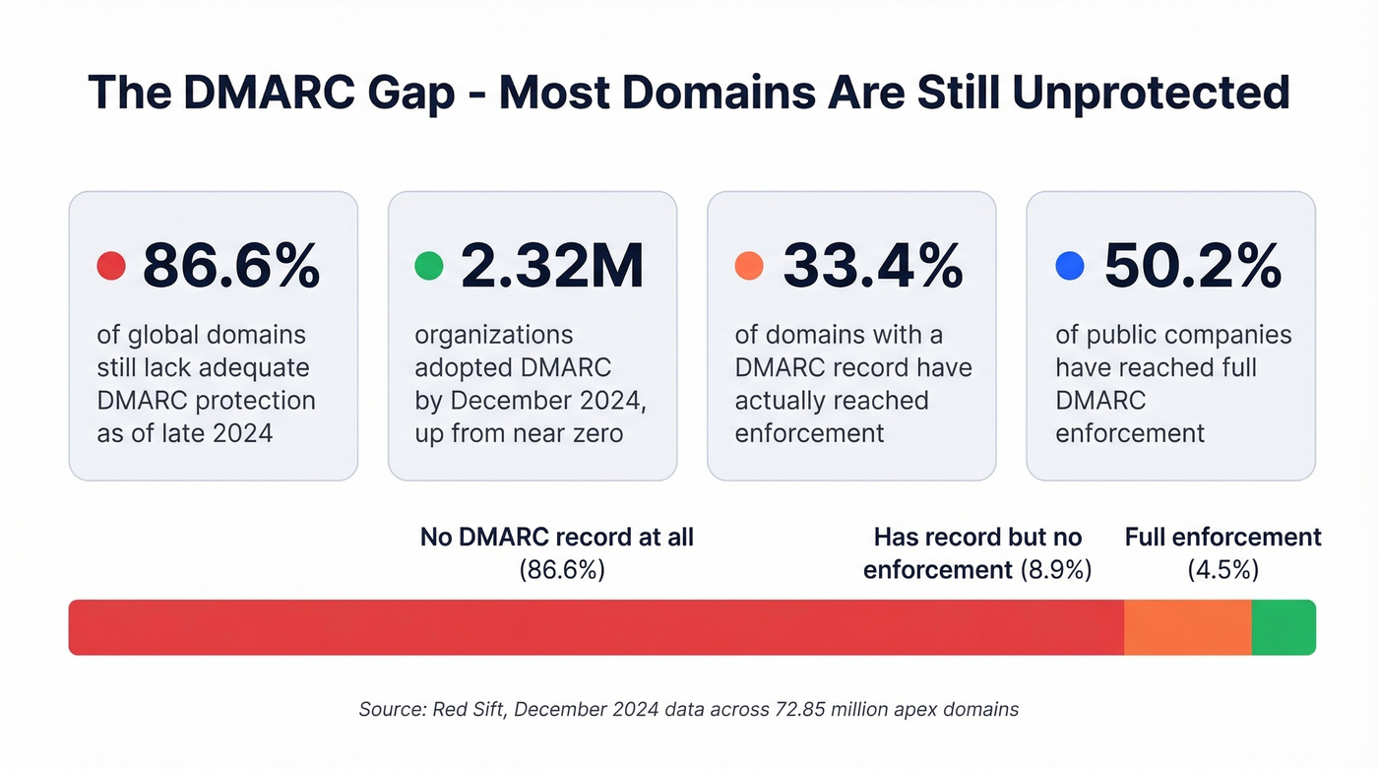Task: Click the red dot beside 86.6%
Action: tap(111, 265)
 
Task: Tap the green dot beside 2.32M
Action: tap(429, 265)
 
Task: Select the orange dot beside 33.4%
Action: tap(749, 265)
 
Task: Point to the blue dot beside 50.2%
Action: tap(1069, 265)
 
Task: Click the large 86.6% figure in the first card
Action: tap(231, 265)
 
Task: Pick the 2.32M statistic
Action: tap(552, 265)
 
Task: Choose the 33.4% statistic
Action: tap(872, 265)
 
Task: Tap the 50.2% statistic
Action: tap(1193, 265)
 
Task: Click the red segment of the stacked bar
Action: tap(595, 627)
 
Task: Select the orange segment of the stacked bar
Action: tap(1187, 627)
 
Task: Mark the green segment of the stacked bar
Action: tap(1283, 627)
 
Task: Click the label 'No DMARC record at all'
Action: tap(557, 538)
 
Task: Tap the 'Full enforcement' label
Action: tap(1222, 538)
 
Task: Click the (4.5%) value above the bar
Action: tap(1222, 570)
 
